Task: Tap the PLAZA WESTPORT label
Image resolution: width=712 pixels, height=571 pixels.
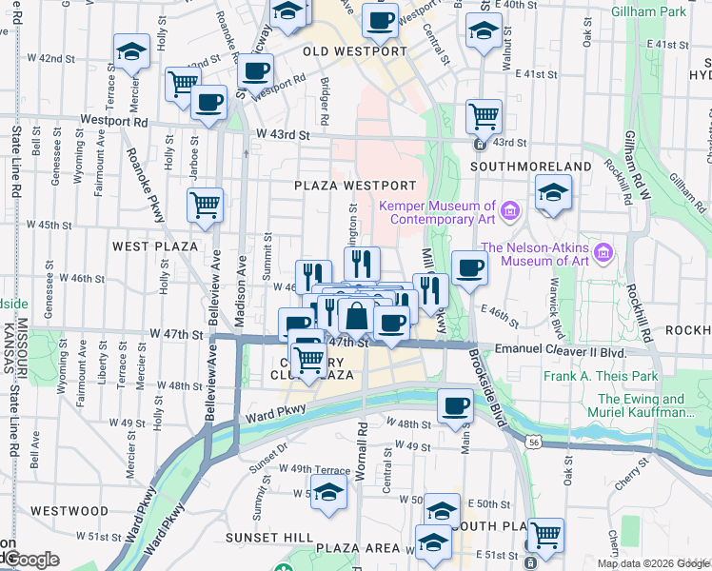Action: [355, 185]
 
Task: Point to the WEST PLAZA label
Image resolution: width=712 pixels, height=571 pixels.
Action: [155, 246]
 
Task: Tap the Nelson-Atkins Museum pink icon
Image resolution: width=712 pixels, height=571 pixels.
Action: [602, 253]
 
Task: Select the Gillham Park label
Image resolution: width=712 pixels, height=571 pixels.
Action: [677, 11]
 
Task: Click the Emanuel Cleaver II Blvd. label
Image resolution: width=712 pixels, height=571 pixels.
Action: [562, 351]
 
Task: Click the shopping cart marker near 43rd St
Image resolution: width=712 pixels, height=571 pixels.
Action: [485, 117]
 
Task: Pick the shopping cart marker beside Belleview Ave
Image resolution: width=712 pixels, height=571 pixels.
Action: [205, 204]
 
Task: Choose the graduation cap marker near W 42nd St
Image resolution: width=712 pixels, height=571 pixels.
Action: [130, 49]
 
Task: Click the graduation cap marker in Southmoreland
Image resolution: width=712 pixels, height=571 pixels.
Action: [552, 191]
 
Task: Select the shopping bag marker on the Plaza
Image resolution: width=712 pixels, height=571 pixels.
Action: [355, 315]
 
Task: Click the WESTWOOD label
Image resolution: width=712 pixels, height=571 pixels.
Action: [69, 510]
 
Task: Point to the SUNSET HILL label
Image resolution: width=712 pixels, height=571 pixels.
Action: [264, 537]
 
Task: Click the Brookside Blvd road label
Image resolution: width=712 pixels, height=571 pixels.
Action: [487, 390]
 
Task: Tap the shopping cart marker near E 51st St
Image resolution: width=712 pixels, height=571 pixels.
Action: [545, 534]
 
